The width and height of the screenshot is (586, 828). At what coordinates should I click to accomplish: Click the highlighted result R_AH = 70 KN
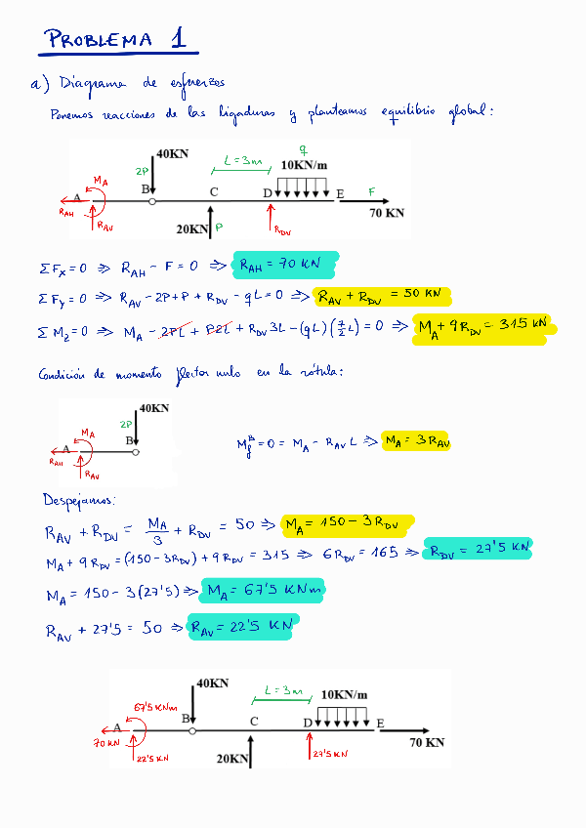[285, 264]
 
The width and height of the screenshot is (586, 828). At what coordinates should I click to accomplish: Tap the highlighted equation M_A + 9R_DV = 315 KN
[483, 326]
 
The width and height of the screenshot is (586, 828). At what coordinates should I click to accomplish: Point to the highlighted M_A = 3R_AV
[416, 442]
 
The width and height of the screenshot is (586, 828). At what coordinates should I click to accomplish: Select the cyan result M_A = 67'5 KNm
[263, 591]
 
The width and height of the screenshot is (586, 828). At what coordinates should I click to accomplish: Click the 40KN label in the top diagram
[173, 154]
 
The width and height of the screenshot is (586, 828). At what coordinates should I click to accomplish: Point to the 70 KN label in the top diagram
[387, 213]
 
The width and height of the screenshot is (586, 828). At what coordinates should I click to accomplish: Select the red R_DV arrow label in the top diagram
[282, 231]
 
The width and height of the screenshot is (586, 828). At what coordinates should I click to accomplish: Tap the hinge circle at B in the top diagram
[152, 202]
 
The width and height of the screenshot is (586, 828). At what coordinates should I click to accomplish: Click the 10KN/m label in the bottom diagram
[345, 694]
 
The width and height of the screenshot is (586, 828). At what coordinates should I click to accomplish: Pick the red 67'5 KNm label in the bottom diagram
[156, 707]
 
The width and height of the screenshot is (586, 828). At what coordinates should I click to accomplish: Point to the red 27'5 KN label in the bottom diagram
[332, 754]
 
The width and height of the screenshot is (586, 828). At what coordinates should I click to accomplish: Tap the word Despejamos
[77, 500]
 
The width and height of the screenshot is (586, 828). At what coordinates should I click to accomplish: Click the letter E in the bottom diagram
[380, 723]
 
